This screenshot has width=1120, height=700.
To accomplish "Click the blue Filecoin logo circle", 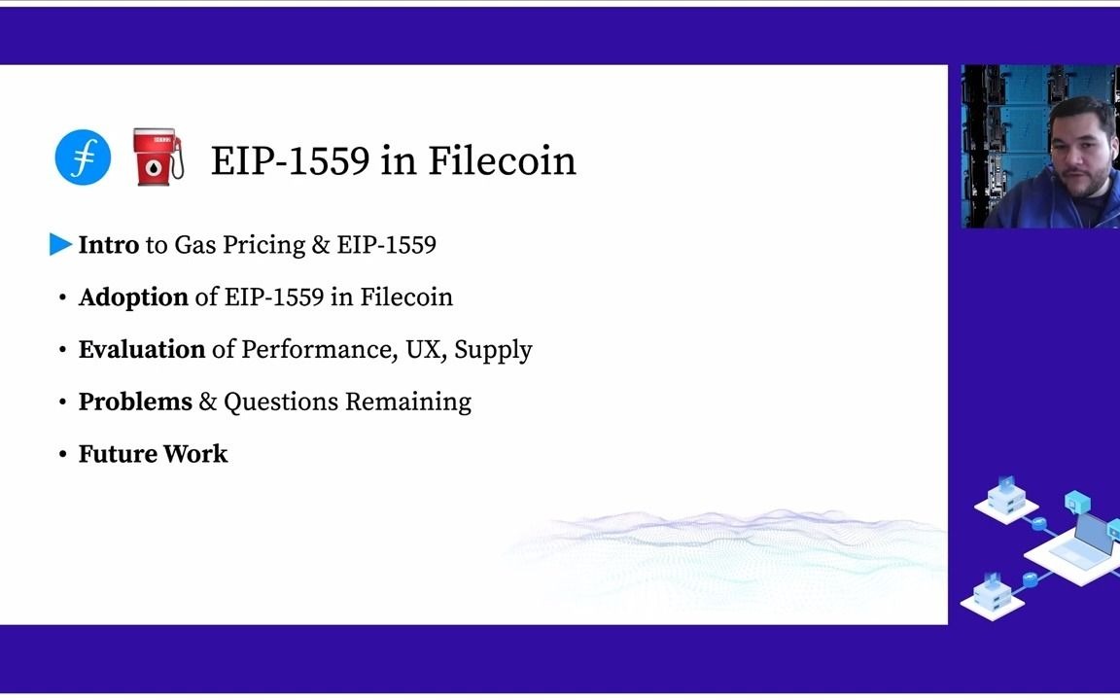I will tap(83, 157).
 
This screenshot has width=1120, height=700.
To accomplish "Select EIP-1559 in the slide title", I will tap(290, 160).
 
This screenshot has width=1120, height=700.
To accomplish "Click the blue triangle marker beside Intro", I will tap(60, 245).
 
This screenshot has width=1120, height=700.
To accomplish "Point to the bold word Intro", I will tap(108, 245).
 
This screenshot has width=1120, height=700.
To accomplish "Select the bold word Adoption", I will tap(133, 297).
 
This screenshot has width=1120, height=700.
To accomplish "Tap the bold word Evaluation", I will tap(142, 350).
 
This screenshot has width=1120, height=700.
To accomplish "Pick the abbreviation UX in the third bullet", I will tap(425, 350).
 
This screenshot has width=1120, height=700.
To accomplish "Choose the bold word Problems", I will tap(135, 402).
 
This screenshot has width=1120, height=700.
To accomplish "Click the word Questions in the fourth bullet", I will tap(281, 402).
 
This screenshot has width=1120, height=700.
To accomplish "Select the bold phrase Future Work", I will tap(153, 454).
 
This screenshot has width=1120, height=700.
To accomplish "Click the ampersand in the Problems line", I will tap(207, 402).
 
